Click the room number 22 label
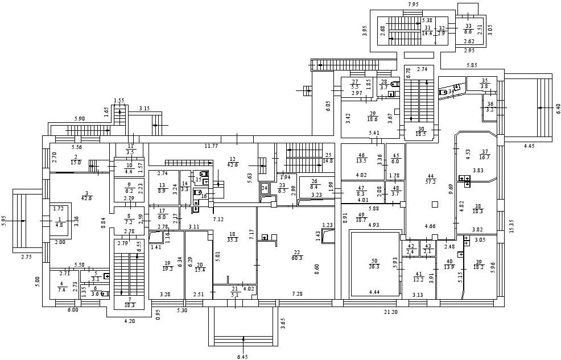296,253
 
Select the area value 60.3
296,259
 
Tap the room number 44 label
431,175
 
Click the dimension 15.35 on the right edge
511,226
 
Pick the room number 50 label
374,259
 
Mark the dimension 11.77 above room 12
212,146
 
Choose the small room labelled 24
264,188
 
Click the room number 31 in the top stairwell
427,27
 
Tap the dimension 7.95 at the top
413,5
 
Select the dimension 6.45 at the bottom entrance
243,357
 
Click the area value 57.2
431,181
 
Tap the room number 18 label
232,233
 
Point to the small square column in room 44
434,204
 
